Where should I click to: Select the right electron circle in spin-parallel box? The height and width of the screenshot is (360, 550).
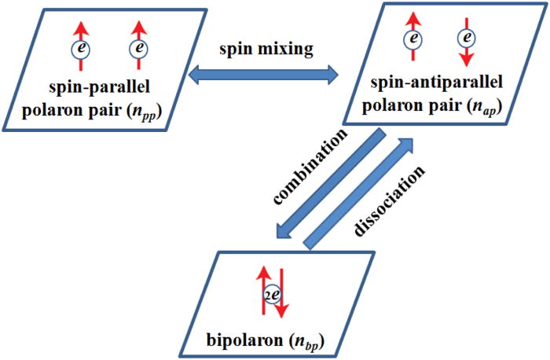click(x=139, y=50)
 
